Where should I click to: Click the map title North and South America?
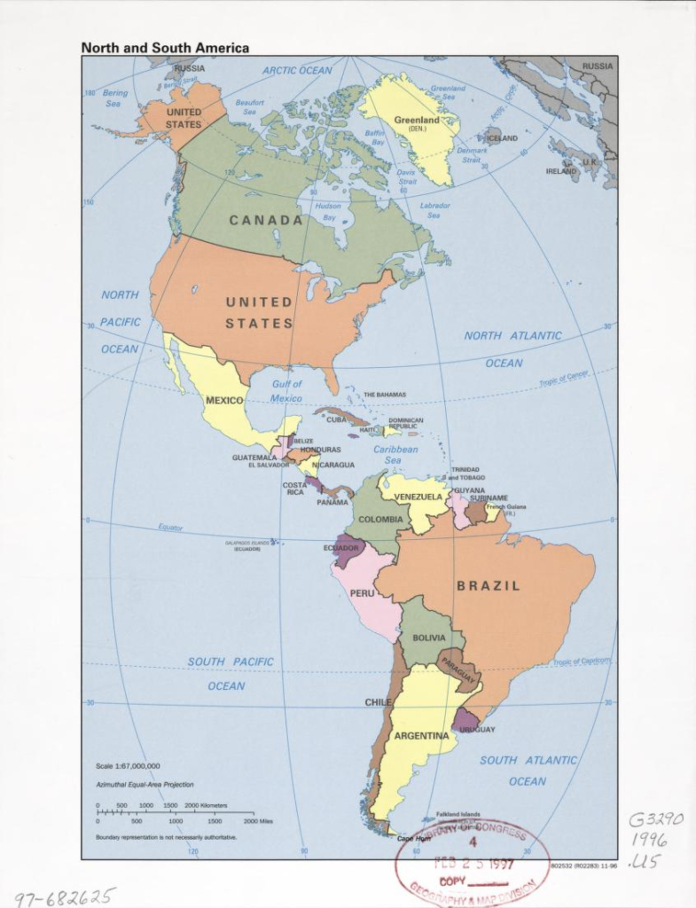[x=165, y=48]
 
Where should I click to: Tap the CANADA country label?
[x=266, y=220]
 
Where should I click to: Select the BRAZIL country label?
[x=489, y=586]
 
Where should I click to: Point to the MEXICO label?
[x=224, y=401]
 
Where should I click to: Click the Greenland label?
[x=417, y=121]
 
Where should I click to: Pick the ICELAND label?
[x=502, y=138]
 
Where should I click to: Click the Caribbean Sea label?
[x=395, y=455]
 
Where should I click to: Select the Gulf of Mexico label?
[x=286, y=391]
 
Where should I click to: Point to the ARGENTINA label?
[x=422, y=736]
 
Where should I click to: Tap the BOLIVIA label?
[x=429, y=638]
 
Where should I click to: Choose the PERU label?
[x=362, y=592]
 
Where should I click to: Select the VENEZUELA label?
[x=418, y=497]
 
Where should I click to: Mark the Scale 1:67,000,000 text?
[x=128, y=765]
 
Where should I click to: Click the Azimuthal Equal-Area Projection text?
[x=145, y=785]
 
